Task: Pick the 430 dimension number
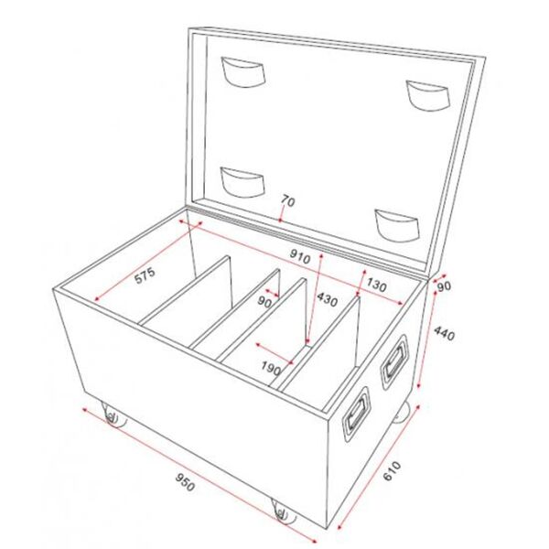click(327, 301)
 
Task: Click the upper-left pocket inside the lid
click(242, 72)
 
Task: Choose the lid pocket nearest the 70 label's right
click(394, 223)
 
